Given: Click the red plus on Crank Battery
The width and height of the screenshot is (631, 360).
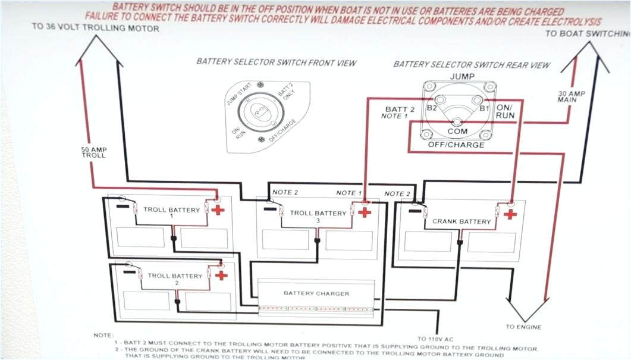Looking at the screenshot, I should [510, 214].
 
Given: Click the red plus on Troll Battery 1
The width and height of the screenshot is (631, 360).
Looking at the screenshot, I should [218, 209].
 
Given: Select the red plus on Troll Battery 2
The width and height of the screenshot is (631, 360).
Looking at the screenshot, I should [221, 275].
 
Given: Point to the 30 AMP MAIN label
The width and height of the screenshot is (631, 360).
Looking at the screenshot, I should [567, 96].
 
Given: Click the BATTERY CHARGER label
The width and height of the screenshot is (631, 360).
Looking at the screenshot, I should [316, 293].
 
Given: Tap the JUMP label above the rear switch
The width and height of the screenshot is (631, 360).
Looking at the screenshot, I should [462, 77].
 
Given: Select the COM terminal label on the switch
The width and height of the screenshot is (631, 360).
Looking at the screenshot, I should [457, 131].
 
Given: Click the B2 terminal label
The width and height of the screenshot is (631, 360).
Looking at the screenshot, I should [432, 109].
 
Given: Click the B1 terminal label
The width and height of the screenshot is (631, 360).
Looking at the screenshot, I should [484, 109].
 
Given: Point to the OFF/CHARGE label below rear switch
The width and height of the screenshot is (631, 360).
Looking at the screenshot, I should [456, 145].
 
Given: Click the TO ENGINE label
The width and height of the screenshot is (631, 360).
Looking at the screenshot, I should [523, 327].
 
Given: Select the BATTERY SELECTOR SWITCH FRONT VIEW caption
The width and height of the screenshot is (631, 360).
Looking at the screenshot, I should [277, 62].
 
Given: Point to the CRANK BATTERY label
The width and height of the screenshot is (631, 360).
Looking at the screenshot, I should [462, 221].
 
